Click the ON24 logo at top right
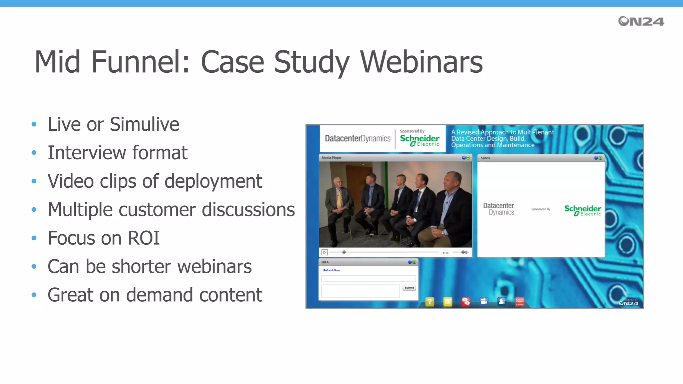641,21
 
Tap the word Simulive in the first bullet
144,124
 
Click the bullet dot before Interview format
34,153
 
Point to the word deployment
213,182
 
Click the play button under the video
324,252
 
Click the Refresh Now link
331,270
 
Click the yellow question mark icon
430,302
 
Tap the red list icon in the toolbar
520,302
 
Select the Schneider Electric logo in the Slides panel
582,210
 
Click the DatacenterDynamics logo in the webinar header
358,138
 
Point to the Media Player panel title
331,158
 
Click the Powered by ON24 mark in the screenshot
628,302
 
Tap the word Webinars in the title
421,62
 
